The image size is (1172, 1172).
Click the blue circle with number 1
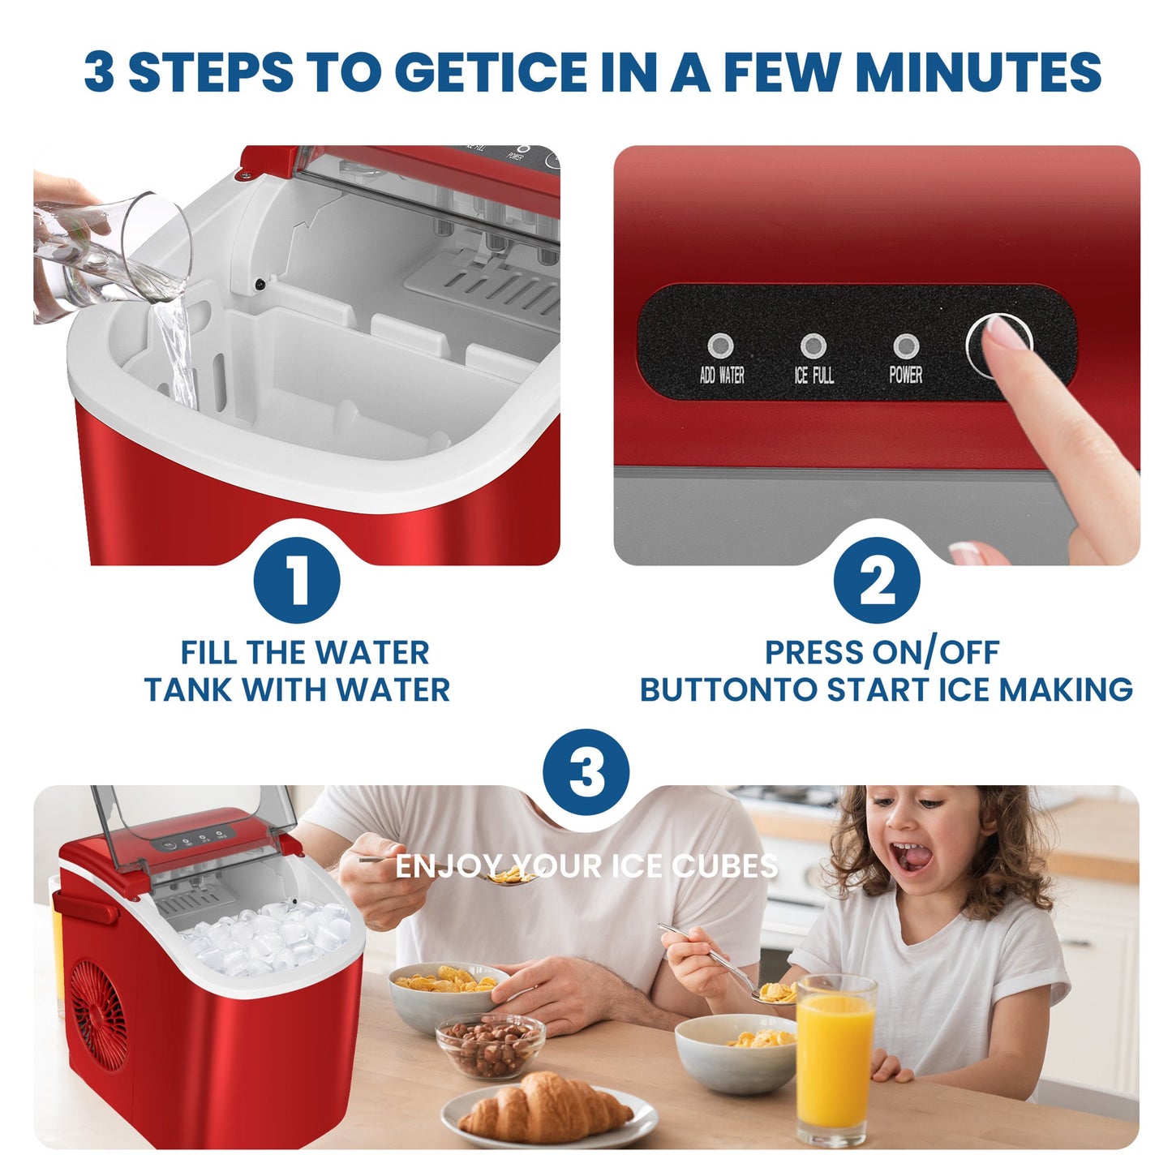point(296,580)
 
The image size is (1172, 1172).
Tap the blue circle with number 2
point(877,580)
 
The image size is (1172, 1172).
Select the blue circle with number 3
point(586,771)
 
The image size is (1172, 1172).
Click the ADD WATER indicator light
point(720,346)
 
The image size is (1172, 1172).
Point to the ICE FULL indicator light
point(814,346)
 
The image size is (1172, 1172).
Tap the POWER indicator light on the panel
point(906,346)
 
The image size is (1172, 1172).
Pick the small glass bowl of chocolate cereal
point(489,1046)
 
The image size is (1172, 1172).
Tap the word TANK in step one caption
point(188,689)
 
